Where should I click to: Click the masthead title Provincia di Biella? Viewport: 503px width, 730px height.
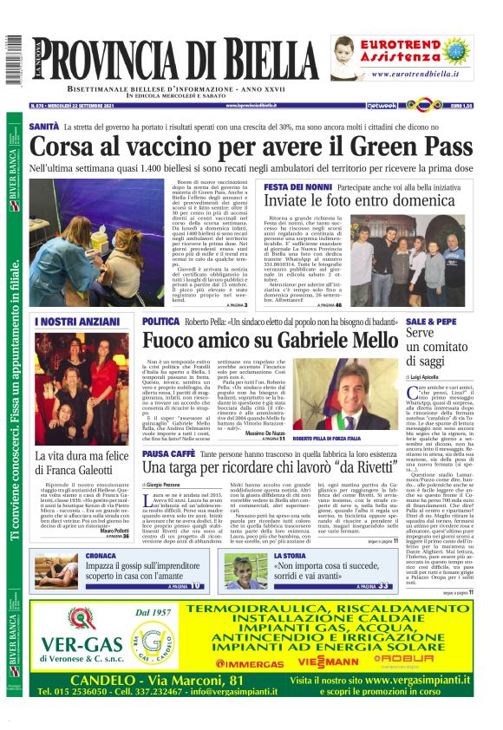(182, 62)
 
